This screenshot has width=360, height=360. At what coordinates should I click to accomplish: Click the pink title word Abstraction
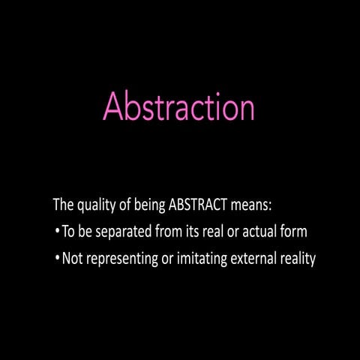click(178, 106)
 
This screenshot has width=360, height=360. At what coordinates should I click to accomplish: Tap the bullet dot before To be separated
click(58, 232)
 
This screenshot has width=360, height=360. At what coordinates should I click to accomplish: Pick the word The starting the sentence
click(63, 204)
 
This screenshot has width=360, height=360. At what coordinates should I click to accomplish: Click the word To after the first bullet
click(69, 232)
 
